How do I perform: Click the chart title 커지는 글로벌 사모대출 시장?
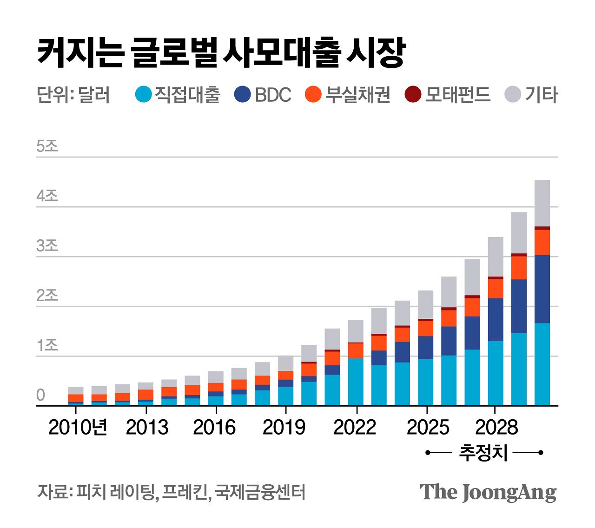point(221,52)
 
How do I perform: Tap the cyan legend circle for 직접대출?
point(144,94)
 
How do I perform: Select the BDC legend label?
point(273,95)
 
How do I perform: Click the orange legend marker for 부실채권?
point(313,94)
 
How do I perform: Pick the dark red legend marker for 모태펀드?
point(413,94)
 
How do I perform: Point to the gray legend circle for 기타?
point(513,94)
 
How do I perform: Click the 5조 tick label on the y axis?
point(47,146)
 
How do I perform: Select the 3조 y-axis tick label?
point(47,245)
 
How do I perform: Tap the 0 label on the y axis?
point(41,395)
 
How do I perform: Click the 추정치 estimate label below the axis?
point(483,452)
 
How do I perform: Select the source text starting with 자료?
point(171,492)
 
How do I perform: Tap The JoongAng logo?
point(488,492)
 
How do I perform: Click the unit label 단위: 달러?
point(73,95)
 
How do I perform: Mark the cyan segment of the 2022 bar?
point(356,382)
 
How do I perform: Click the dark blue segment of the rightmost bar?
point(542,289)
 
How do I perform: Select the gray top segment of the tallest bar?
point(542,203)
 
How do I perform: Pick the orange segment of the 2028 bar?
point(496,288)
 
